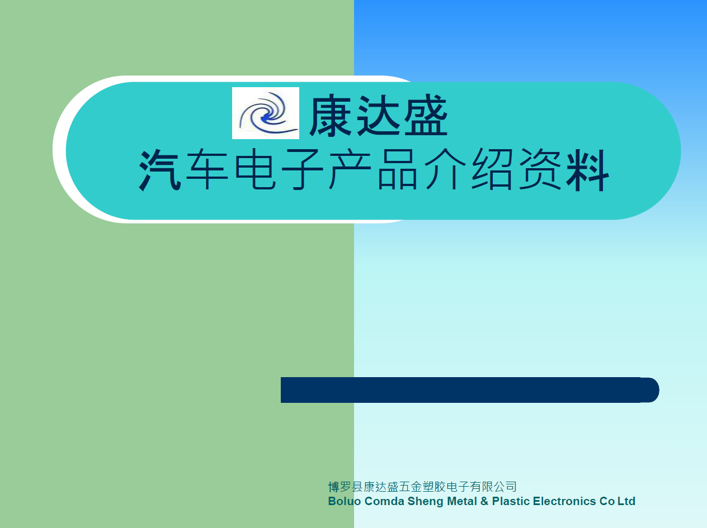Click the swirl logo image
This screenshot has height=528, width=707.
266,113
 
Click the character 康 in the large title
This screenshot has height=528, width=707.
331,115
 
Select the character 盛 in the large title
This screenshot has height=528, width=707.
426,115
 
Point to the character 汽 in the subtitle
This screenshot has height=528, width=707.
160,169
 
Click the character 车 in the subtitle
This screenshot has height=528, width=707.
207,169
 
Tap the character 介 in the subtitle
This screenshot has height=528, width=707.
445,169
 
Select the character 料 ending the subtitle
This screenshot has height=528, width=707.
588,169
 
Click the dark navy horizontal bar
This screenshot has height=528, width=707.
470,390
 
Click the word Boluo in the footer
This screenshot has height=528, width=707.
345,501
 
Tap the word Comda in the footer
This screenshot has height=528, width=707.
384,501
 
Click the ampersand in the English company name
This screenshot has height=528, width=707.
484,501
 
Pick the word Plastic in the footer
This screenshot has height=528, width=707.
511,501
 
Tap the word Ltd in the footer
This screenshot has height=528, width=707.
626,501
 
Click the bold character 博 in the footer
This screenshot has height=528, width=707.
334,487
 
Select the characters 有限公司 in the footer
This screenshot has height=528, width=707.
493,487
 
